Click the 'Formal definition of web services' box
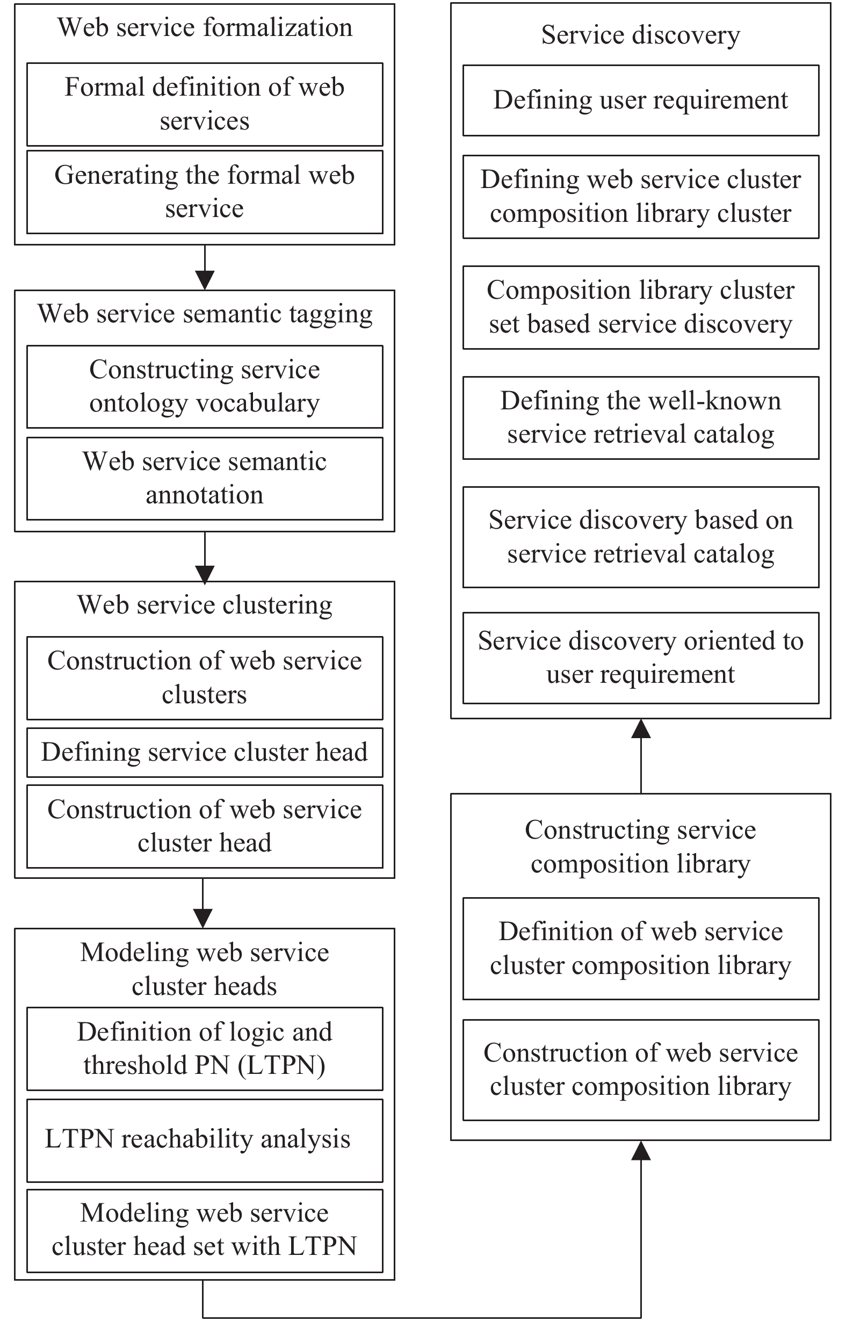pyautogui.click(x=204, y=104)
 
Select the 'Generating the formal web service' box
pyautogui.click(x=204, y=192)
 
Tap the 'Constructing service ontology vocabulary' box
pyautogui.click(x=204, y=387)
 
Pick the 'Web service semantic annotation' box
pyautogui.click(x=204, y=479)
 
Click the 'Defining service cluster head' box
pyautogui.click(x=204, y=753)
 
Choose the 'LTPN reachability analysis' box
pyautogui.click(x=204, y=1140)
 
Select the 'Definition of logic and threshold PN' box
pyautogui.click(x=204, y=1049)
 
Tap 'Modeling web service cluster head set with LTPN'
pyautogui.click(x=204, y=1231)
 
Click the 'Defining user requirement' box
pyautogui.click(x=640, y=100)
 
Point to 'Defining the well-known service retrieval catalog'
pyautogui.click(x=640, y=417)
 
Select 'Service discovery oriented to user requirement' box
pyautogui.click(x=640, y=658)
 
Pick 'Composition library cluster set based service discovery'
pyautogui.click(x=640, y=308)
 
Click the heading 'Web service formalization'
pyautogui.click(x=205, y=27)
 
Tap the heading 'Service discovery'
pyautogui.click(x=640, y=35)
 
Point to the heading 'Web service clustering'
pyautogui.click(x=205, y=605)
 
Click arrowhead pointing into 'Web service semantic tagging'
pyautogui.click(x=205, y=280)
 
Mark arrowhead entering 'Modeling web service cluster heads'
pyautogui.click(x=203, y=919)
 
